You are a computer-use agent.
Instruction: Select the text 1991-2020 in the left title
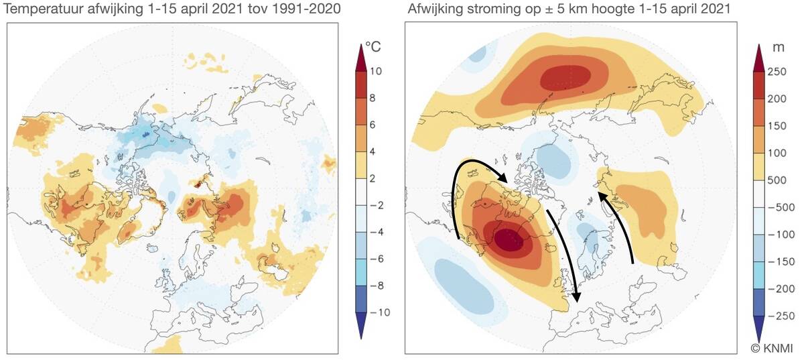303,9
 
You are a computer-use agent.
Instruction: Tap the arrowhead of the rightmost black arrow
601,194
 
